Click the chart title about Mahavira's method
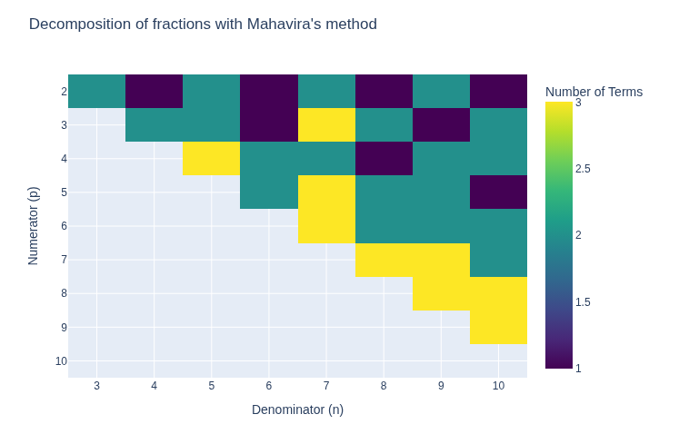pyautogui.click(x=203, y=25)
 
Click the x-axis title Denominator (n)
pyautogui.click(x=297, y=409)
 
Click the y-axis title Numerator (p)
pyautogui.click(x=34, y=226)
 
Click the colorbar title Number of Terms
pyautogui.click(x=594, y=92)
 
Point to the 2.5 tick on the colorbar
pyautogui.click(x=583, y=169)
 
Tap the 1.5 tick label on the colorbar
pyautogui.click(x=583, y=302)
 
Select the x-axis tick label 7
pyautogui.click(x=326, y=386)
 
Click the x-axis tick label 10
pyautogui.click(x=498, y=386)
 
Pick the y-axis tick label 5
pyautogui.click(x=64, y=192)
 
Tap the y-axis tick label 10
pyautogui.click(x=61, y=361)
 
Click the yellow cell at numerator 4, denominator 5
pyautogui.click(x=212, y=159)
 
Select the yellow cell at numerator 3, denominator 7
pyautogui.click(x=326, y=125)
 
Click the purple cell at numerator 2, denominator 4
pyautogui.click(x=155, y=91)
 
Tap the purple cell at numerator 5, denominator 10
pyautogui.click(x=498, y=192)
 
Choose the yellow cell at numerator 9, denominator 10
pyautogui.click(x=498, y=327)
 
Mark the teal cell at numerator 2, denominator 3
pyautogui.click(x=96, y=91)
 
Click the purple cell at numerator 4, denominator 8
pyautogui.click(x=384, y=159)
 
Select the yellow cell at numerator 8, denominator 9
pyautogui.click(x=441, y=293)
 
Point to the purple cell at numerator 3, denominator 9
pyautogui.click(x=441, y=125)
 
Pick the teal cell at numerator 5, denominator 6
pyautogui.click(x=269, y=192)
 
